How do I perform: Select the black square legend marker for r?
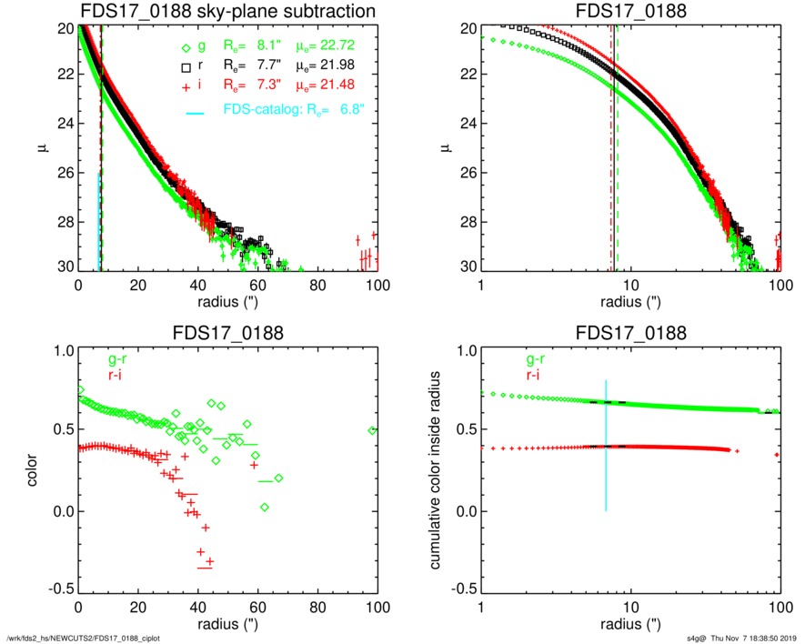[x=186, y=67]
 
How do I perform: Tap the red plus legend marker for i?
[x=186, y=85]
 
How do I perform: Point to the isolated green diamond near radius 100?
[x=372, y=430]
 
